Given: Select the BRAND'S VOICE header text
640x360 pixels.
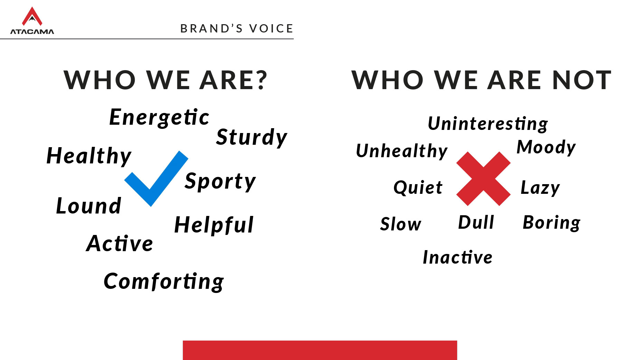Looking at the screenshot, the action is click(x=237, y=28).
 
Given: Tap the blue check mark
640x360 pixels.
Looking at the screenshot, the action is click(x=156, y=179).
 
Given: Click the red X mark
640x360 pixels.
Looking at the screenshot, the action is click(x=483, y=179).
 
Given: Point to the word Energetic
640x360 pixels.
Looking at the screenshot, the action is click(x=159, y=117).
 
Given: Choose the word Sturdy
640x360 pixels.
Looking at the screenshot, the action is click(x=252, y=138).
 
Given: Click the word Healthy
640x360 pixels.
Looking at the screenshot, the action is click(x=89, y=156).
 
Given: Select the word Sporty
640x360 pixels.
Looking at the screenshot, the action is click(x=220, y=181).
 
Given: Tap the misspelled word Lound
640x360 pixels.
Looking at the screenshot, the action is click(x=88, y=206).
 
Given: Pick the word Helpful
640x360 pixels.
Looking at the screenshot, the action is click(x=214, y=225).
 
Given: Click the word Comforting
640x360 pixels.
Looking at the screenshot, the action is click(x=164, y=282).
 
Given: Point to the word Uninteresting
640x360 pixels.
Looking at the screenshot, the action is click(x=488, y=124).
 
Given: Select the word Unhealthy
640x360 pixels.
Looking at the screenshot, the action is click(x=402, y=151).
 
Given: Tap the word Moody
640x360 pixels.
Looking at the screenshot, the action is click(x=546, y=148).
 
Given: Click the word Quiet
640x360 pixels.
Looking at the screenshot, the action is click(x=418, y=188).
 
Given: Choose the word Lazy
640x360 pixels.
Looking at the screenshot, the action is click(x=540, y=188).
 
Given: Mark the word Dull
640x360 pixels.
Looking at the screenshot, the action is click(x=476, y=222).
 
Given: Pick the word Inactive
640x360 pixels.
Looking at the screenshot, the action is click(x=458, y=257).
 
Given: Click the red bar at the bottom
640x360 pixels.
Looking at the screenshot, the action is click(x=320, y=350).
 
